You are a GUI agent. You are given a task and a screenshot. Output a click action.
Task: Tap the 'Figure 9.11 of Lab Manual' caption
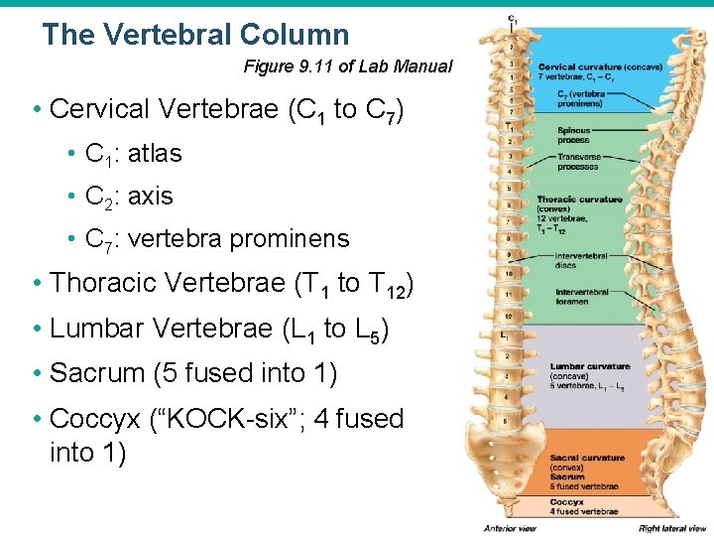(x=347, y=67)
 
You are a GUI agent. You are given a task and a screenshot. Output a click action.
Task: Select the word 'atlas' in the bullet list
(x=156, y=154)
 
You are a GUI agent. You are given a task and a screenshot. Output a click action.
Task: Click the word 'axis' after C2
(x=151, y=197)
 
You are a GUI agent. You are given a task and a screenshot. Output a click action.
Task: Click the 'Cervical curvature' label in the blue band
(x=580, y=67)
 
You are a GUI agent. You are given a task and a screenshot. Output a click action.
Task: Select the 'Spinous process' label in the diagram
(x=573, y=135)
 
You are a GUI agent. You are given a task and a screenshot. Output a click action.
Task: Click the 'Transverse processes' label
(x=578, y=162)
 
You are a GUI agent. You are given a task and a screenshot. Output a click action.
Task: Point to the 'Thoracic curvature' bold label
(x=580, y=200)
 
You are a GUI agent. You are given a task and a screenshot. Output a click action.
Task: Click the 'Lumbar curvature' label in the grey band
(x=590, y=366)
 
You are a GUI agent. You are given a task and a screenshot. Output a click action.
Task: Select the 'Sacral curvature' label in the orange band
(x=588, y=459)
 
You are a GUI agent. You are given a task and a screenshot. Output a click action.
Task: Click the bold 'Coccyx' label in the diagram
(x=566, y=502)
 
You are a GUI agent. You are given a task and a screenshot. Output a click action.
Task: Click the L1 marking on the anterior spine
(x=507, y=336)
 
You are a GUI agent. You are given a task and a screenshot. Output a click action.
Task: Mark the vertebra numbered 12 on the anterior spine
(x=508, y=317)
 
